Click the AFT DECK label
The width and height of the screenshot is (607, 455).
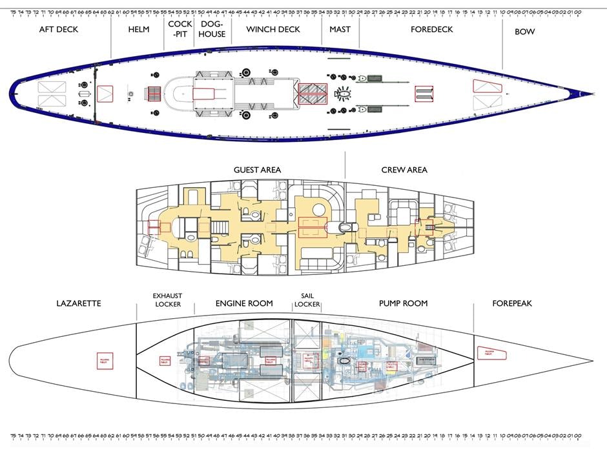pos(59,30)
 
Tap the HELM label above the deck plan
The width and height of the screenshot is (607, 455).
pos(139,30)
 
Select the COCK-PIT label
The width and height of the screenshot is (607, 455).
pos(179,29)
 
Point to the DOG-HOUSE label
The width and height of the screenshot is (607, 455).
pos(212,29)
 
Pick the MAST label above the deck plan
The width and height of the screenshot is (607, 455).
pos(340,30)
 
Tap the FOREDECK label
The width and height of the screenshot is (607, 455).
pos(431,30)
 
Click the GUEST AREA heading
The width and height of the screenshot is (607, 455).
pos(257,170)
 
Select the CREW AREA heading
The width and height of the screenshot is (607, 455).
pos(404,170)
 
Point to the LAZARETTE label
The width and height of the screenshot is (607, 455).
pos(79,303)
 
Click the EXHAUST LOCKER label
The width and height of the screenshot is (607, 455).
pos(167,300)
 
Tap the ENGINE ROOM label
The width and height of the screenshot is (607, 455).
pos(244,303)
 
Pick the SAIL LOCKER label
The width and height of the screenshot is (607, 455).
pos(307,300)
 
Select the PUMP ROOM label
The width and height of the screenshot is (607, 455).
pos(404,303)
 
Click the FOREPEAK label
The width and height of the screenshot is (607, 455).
pos(512,303)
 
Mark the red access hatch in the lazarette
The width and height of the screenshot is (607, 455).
pos(103,359)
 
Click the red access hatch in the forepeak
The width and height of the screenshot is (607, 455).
pos(492,352)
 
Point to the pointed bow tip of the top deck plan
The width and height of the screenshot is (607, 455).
pos(592,94)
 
